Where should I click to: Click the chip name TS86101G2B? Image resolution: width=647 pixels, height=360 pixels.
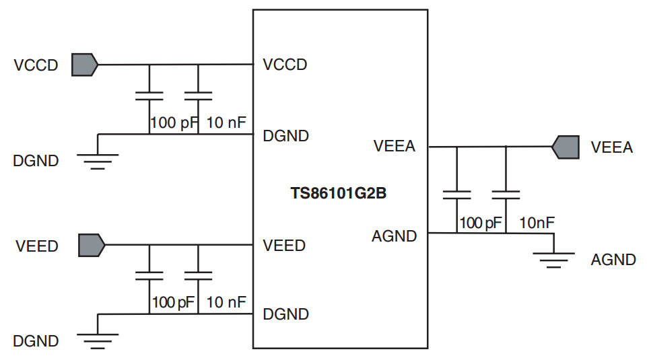coord(339,194)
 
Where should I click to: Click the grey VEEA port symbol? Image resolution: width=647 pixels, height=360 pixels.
coord(565,147)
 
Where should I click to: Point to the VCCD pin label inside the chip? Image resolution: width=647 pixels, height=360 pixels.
coord(285,65)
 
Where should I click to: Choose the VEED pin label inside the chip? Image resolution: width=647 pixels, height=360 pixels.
coord(284,245)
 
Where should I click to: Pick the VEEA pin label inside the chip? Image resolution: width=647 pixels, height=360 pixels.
coord(394,147)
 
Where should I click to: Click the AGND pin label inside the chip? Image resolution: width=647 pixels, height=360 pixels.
coord(394,236)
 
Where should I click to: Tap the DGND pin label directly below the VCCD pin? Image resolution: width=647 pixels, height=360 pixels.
coord(286,136)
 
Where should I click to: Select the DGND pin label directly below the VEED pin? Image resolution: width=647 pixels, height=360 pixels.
coord(286,314)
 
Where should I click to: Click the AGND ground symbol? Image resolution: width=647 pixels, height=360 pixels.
coord(553,256)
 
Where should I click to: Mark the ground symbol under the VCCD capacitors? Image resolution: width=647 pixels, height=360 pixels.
coord(98,158)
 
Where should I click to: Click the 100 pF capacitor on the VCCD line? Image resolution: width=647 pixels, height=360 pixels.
coord(149,95)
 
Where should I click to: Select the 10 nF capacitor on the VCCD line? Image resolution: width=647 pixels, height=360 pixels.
coord(198,95)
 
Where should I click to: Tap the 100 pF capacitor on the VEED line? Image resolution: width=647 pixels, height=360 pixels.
coord(149,275)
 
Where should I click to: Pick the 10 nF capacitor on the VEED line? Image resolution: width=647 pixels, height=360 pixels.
coord(198,275)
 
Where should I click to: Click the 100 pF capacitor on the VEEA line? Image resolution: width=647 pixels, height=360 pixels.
coord(457,195)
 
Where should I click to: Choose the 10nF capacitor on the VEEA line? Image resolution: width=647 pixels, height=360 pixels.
coord(506,195)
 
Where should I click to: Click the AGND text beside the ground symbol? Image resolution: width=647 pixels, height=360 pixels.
coord(613,260)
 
